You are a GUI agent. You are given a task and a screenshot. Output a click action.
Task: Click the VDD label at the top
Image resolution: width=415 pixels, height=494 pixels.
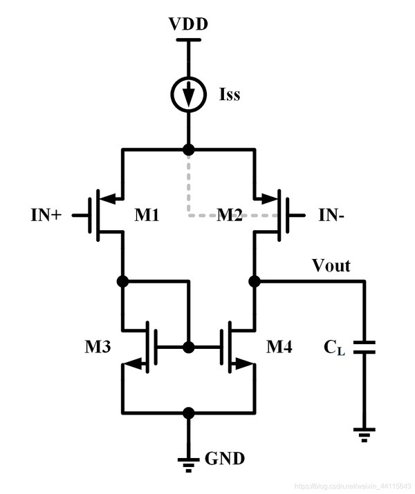(x=188, y=25)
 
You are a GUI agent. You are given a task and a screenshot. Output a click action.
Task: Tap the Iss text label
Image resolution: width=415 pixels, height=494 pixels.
(x=228, y=94)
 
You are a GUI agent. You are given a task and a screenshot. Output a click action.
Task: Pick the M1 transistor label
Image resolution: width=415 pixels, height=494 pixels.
(x=147, y=216)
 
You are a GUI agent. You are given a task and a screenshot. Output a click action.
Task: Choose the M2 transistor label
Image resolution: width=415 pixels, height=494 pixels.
(x=230, y=216)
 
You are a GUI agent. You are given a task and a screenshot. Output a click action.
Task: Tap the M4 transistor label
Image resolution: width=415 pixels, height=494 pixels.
(x=279, y=348)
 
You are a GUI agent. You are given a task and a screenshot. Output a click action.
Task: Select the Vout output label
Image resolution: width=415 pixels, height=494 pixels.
(x=331, y=266)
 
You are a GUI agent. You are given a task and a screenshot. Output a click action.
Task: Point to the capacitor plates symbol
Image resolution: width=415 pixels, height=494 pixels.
(x=363, y=347)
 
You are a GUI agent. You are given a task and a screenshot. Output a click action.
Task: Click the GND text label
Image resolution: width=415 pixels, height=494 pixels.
(x=225, y=458)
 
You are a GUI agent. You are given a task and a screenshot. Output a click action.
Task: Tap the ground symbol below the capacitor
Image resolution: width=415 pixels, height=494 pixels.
(x=363, y=434)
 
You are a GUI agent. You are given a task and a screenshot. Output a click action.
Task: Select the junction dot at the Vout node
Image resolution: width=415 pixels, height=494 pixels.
(x=254, y=281)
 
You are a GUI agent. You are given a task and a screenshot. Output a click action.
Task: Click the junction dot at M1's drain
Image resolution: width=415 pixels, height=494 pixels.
(x=122, y=281)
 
